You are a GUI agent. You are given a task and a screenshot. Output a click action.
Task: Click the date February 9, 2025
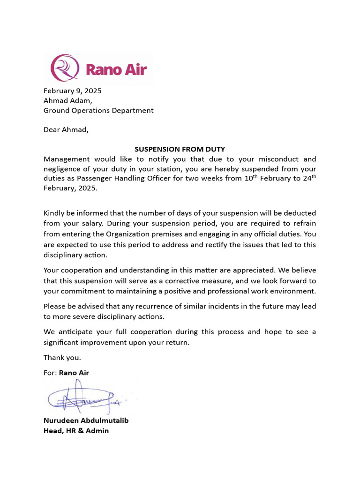coord(72,91)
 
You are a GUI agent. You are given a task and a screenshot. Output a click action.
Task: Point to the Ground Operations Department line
coord(98,111)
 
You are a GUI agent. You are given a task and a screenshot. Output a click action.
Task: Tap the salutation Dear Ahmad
coord(66,130)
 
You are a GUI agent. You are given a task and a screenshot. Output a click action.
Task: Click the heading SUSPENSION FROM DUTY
coord(180,149)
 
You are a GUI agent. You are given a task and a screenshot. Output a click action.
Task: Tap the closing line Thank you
coord(62,358)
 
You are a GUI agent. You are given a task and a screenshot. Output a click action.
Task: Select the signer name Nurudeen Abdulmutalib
coord(86,420)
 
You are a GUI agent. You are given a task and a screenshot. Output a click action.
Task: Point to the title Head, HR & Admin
coord(76,430)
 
